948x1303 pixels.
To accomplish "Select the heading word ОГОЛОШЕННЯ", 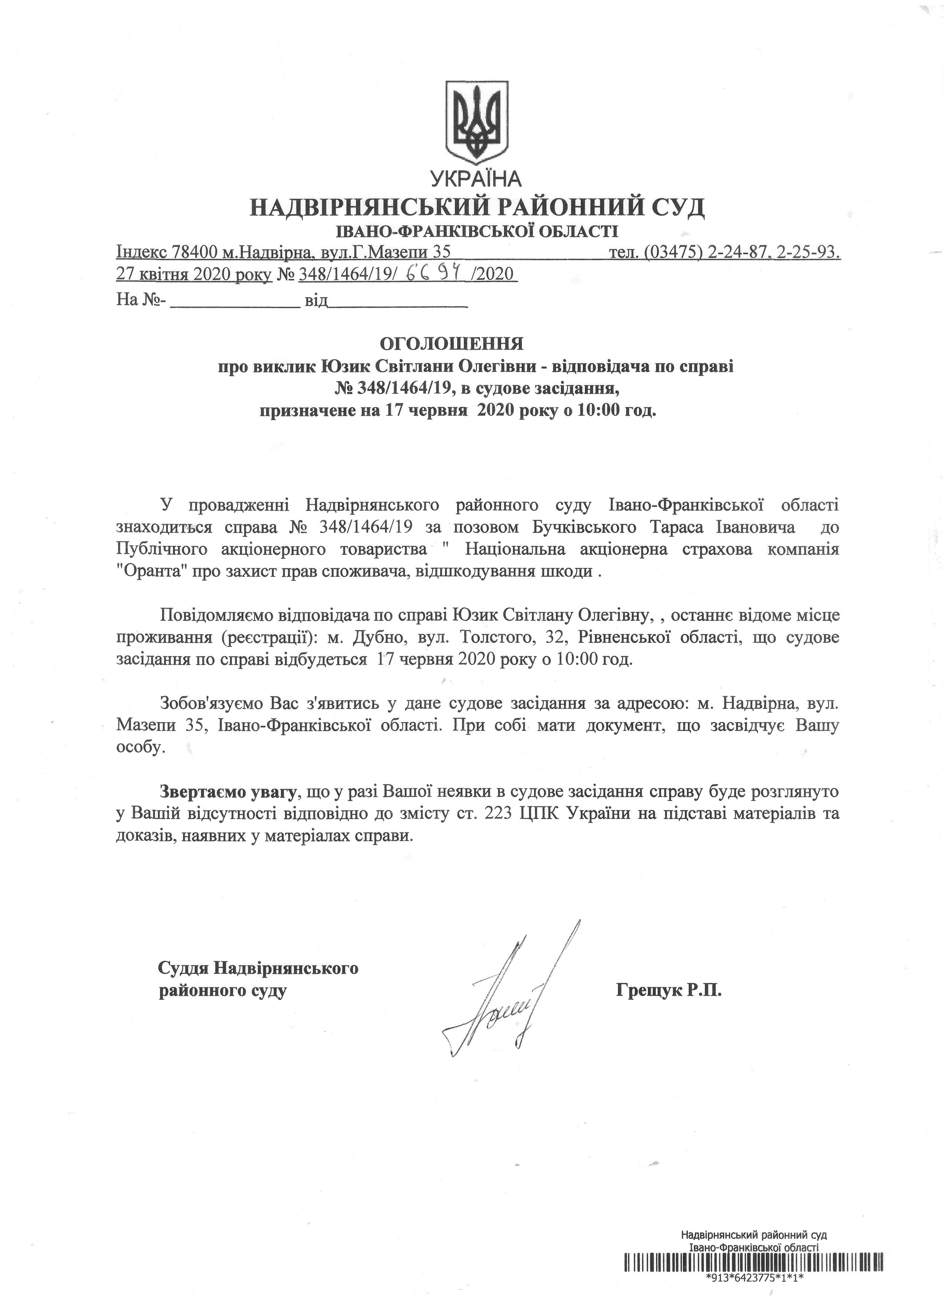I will (x=452, y=344).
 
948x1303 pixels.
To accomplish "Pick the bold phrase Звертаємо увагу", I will (x=228, y=792).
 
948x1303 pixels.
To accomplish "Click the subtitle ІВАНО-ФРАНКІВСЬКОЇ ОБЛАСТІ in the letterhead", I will (x=477, y=232).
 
